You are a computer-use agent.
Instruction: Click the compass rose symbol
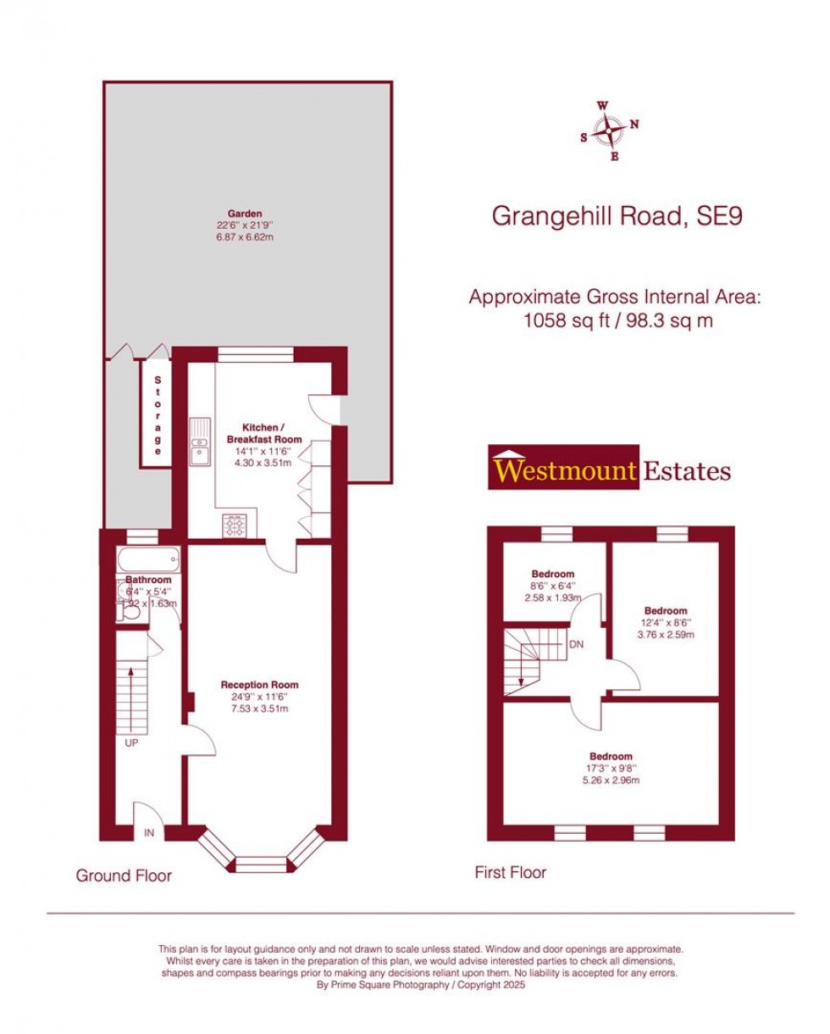[608, 131]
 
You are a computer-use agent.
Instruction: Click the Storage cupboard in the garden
[156, 414]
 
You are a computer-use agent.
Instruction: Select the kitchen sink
[200, 442]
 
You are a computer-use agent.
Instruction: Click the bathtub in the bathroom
[149, 560]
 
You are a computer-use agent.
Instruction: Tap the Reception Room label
[259, 685]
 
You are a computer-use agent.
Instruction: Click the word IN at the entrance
[148, 833]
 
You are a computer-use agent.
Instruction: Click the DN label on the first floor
[576, 644]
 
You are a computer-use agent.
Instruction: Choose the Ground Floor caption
[124, 876]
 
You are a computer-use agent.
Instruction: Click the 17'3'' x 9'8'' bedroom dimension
[610, 768]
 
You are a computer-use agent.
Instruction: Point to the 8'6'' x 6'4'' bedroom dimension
[553, 586]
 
